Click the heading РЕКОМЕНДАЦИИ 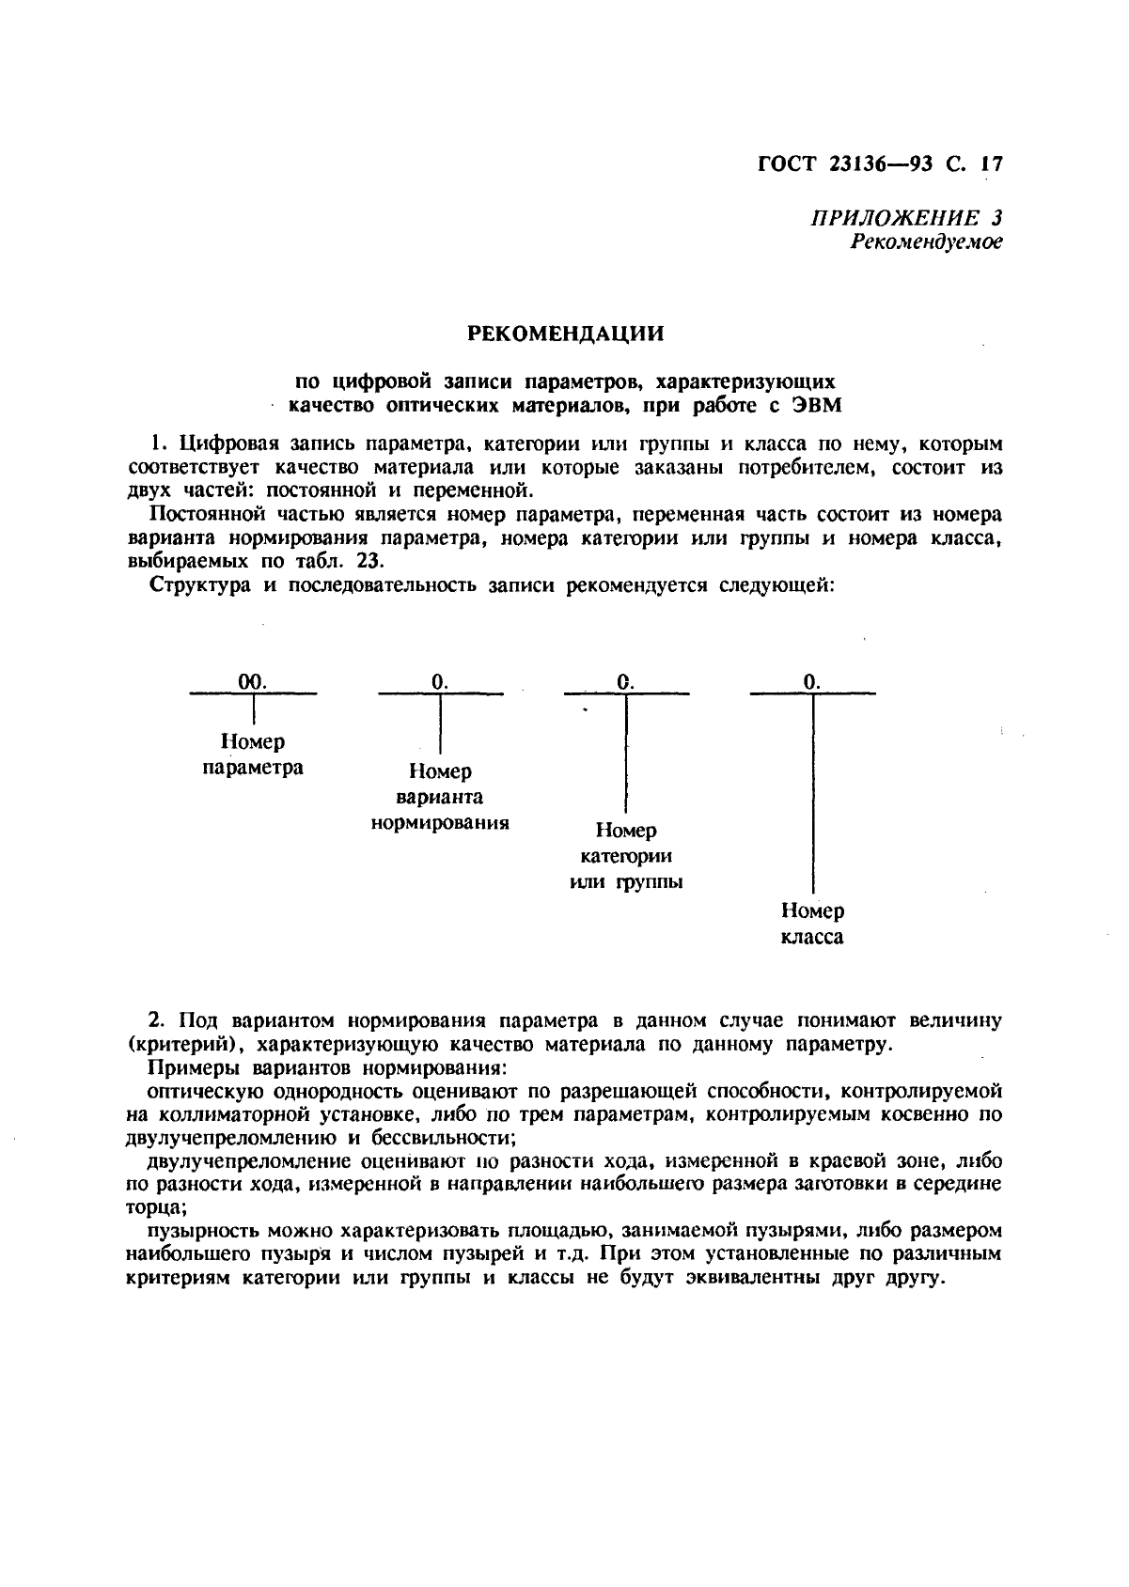[565, 334]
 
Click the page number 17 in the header [991, 164]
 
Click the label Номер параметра [253, 755]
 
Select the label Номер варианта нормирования [440, 797]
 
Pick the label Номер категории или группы [626, 856]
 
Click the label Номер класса [812, 924]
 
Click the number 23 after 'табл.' [368, 562]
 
